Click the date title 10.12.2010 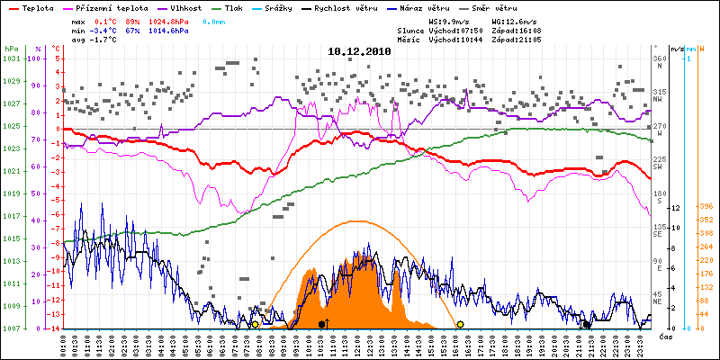point(359,52)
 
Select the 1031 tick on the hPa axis point(11,58)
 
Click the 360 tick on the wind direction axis point(660,58)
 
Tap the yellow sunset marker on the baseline point(460,324)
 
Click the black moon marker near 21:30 point(587,324)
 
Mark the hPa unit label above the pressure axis point(11,48)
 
